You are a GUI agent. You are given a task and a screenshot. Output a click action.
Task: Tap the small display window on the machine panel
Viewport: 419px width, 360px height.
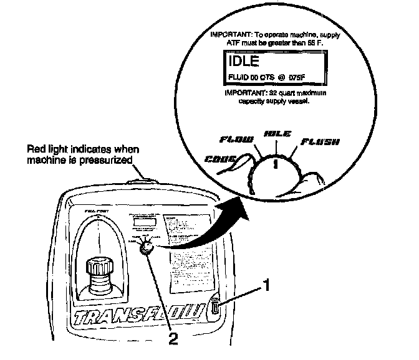point(143,222)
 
